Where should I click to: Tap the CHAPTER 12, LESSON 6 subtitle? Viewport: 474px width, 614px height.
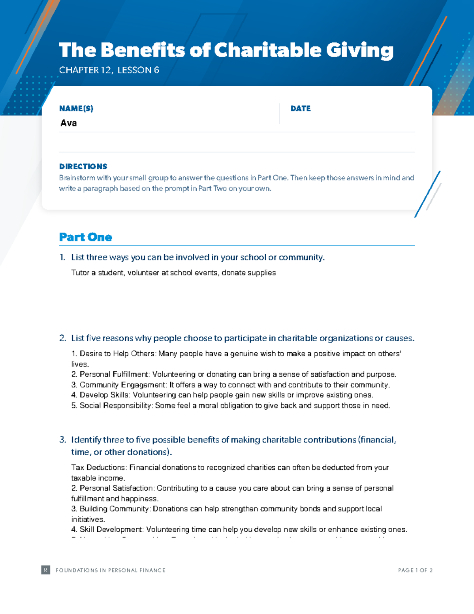pos(109,70)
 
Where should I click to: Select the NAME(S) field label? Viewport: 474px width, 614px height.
pos(76,108)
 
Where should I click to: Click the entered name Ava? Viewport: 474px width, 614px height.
pos(69,123)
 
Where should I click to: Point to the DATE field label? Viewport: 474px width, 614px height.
pos(301,108)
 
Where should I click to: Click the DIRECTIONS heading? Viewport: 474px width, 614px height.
pos(83,166)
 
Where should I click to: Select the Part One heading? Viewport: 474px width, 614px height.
pos(86,237)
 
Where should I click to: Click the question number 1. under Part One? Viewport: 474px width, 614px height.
pos(62,257)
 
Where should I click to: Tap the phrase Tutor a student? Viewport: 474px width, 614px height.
pos(98,273)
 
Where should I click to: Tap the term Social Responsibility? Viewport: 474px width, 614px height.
pos(115,406)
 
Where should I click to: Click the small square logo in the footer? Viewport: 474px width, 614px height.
pos(46,570)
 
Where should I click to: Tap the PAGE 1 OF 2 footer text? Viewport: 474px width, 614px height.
pos(415,570)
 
